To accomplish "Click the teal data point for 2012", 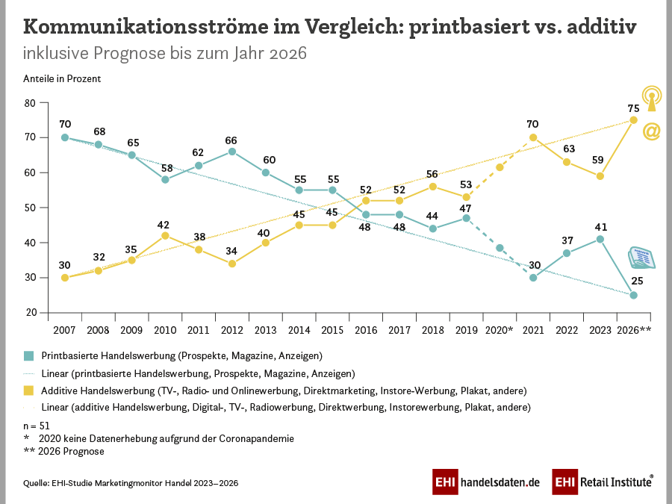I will point(232,152).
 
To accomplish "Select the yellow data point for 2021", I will point(533,137).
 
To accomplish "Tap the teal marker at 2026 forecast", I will point(633,295).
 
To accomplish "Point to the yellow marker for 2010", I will point(165,235).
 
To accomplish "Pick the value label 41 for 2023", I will point(600,226).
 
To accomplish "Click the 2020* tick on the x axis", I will point(500,329).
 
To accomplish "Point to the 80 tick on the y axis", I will point(31,102).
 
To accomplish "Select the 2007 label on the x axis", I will point(65,329).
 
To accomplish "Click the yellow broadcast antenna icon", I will point(651,100).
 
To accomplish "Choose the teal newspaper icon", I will point(641,258).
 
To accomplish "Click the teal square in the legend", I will point(28,355).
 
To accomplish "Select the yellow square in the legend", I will point(28,391).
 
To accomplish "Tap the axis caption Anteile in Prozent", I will point(62,78).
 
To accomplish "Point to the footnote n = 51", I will point(37,425).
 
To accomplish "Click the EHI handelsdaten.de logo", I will point(486,482).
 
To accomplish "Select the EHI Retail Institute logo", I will point(603,482).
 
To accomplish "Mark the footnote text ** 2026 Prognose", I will point(63,451).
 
